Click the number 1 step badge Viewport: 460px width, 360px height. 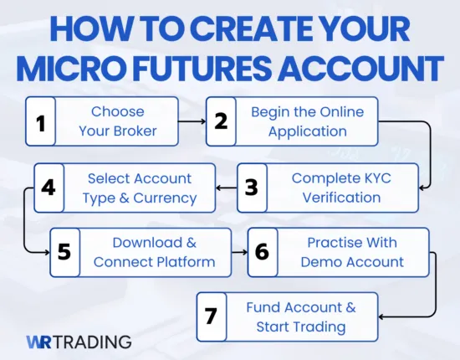[41, 122]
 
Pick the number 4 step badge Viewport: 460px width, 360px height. [49, 188]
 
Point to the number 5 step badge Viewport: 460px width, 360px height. [64, 252]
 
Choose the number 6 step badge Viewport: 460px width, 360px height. [261, 252]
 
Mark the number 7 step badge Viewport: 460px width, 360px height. [212, 316]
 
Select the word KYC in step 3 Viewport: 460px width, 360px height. [374, 178]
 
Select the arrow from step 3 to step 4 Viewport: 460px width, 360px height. [224, 188]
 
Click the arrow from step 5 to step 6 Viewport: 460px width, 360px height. [240, 252]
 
